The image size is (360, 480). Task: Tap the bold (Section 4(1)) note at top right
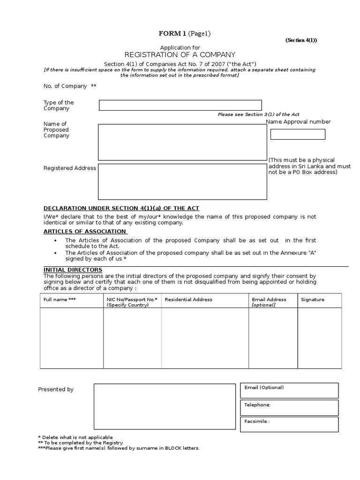pos(301,40)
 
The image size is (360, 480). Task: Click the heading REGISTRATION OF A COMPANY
pos(180,55)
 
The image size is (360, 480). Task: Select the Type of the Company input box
pos(180,105)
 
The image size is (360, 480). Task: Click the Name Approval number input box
pos(298,134)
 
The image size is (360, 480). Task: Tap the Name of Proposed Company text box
pos(182,142)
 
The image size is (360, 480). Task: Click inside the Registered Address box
pos(182,181)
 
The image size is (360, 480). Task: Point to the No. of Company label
pos(65,86)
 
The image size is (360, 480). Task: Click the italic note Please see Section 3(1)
pos(258,114)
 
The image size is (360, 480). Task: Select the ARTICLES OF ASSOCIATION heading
pos(85,231)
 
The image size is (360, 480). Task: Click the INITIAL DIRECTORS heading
pos(73,270)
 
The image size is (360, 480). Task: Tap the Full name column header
pos(60,300)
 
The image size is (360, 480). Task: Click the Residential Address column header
pos(188,300)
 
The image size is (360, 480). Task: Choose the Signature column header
pos(312,300)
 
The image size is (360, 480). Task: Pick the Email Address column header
pos(269,300)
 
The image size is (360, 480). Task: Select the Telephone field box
pos(289,407)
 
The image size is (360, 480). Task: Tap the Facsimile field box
pos(289,424)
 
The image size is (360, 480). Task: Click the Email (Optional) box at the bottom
pos(289,390)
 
